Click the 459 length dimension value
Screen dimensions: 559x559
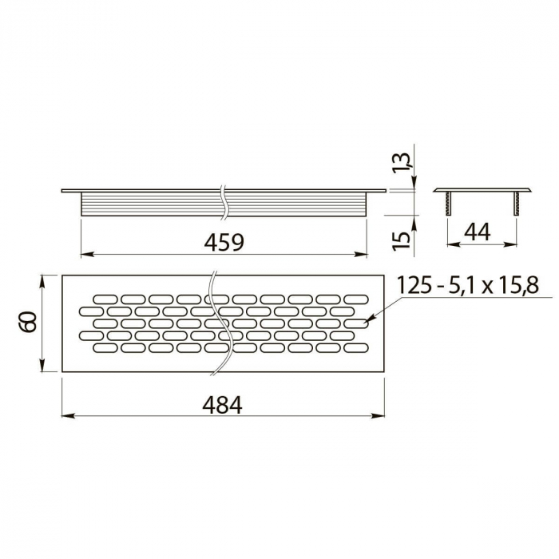click(x=224, y=242)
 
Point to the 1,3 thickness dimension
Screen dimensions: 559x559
click(x=405, y=162)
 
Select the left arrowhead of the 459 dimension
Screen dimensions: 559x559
click(x=86, y=255)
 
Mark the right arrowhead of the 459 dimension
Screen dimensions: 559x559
click(x=362, y=255)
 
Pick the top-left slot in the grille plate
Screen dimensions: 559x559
click(x=105, y=299)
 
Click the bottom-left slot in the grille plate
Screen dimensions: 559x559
click(x=105, y=347)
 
